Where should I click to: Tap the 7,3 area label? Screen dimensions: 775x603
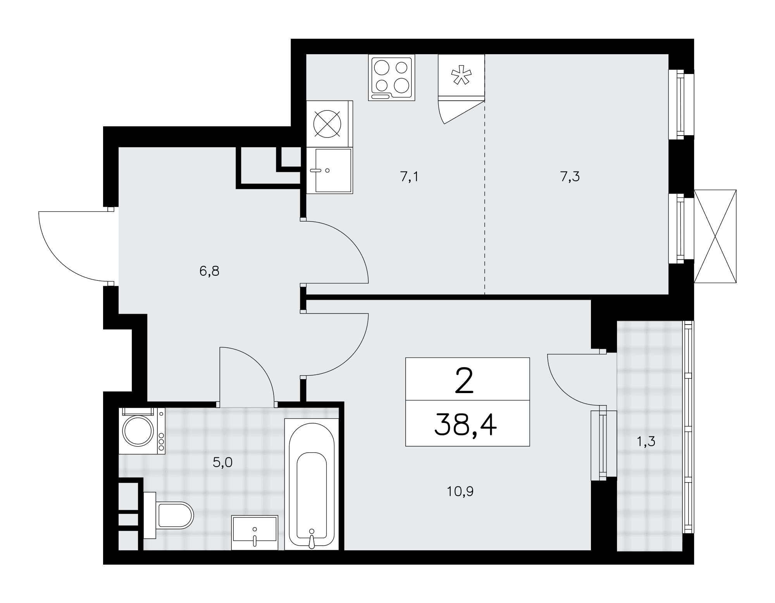point(570,177)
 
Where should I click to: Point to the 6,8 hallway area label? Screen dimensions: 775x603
point(209,271)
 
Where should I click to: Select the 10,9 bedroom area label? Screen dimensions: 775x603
point(460,492)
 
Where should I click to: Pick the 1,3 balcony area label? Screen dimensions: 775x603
point(646,441)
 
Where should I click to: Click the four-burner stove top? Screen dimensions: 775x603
point(391,77)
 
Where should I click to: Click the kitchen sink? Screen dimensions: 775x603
point(329,170)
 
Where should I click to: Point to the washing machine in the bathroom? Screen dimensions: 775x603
point(142,431)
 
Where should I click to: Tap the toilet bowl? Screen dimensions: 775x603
point(169,515)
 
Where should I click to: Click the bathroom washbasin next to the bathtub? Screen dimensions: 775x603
point(255,533)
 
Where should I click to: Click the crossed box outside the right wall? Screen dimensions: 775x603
point(715,236)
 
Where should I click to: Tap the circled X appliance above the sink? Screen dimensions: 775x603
point(329,124)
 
